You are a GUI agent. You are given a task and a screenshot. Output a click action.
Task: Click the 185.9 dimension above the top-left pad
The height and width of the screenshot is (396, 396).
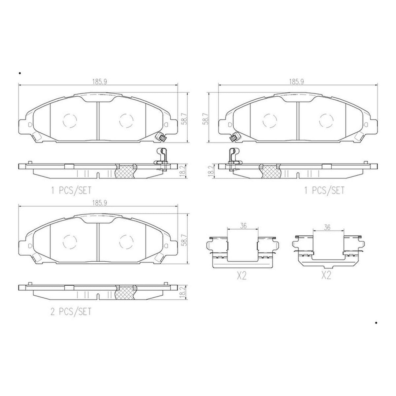pos(100,82)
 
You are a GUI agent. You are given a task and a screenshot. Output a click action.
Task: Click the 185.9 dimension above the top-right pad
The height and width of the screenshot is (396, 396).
pos(297,82)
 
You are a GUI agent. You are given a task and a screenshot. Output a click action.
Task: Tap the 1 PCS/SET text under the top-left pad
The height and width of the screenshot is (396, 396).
pos(71,190)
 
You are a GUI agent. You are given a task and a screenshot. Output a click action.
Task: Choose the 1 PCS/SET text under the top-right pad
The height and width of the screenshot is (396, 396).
pos(324,190)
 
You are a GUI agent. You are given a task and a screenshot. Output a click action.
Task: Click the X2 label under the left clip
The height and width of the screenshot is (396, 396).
pos(242,276)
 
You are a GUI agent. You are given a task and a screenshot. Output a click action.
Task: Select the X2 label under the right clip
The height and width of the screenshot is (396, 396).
pos(326,276)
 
